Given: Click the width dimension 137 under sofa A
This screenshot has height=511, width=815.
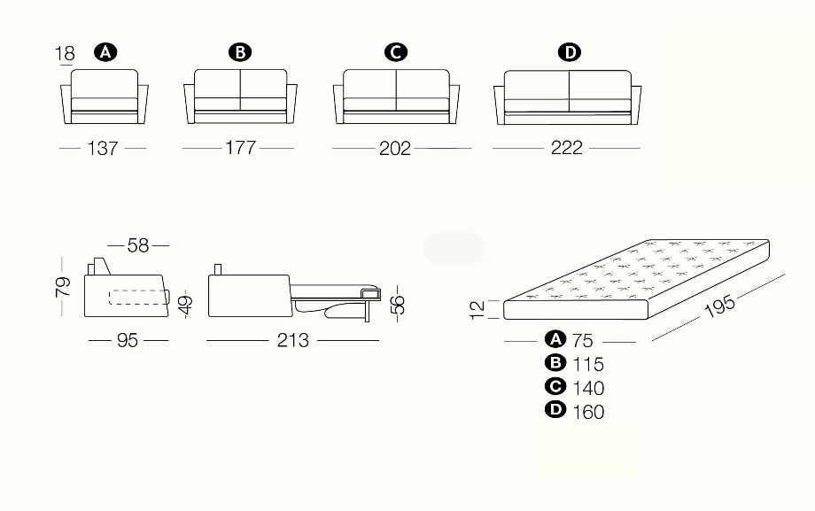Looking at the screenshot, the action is point(103,149).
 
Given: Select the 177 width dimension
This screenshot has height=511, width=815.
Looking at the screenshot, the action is point(240,148).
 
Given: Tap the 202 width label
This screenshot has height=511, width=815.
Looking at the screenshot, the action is point(395,149).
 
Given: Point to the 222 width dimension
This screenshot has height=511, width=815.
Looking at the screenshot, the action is point(567,148).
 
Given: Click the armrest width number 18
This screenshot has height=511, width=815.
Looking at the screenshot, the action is point(65,53).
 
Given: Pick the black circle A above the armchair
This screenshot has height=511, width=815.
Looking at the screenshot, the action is point(105,52).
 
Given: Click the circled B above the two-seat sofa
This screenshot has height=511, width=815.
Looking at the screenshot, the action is point(240,52).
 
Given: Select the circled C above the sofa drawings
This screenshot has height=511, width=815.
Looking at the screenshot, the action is point(396,52).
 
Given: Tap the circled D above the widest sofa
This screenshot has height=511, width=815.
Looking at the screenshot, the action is point(570,52).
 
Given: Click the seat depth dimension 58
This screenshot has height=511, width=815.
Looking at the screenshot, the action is point(138,245).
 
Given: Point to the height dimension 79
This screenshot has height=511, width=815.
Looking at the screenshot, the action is point(62,287).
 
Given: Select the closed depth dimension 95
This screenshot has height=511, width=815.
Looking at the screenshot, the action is point(128,340).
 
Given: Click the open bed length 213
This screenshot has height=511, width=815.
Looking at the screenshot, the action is point(293,340).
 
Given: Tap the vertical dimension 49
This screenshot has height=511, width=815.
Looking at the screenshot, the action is point(185,306).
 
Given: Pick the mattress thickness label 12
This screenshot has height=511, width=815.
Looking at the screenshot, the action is point(477,310).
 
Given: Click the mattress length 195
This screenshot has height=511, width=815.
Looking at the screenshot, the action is point(720,306).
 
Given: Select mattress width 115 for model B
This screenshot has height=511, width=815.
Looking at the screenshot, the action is point(588,364).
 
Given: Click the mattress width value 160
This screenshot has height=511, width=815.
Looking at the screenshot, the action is point(588,412).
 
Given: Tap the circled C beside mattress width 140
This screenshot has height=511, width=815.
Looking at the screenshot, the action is point(555,386).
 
